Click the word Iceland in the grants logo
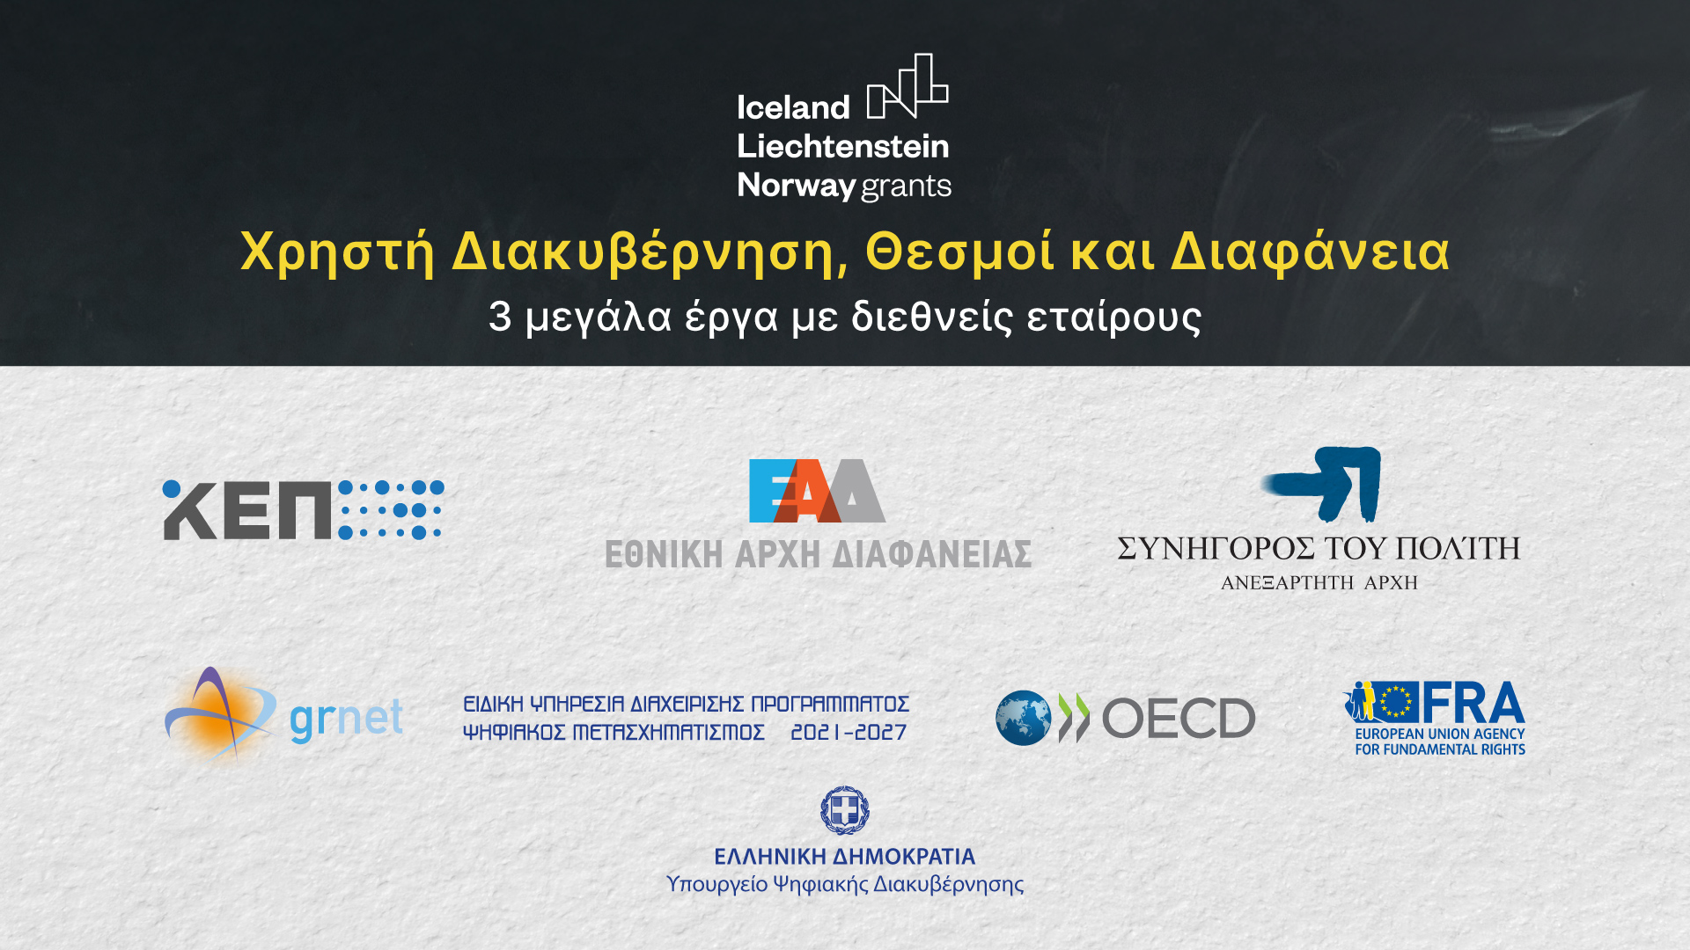[x=793, y=107]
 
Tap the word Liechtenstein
[x=843, y=146]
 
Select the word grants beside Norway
[x=906, y=186]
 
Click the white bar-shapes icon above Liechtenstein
[x=907, y=86]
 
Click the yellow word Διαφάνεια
[x=1310, y=252]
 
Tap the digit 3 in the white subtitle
[x=500, y=317]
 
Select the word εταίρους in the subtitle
[x=1113, y=318]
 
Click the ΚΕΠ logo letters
[x=247, y=510]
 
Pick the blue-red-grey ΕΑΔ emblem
[x=817, y=491]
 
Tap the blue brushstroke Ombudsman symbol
[x=1322, y=484]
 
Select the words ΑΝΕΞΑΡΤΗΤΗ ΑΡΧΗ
[x=1319, y=582]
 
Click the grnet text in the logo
[x=346, y=720]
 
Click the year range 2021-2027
[x=849, y=733]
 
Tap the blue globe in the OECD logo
[x=1023, y=718]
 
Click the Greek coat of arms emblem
[x=845, y=810]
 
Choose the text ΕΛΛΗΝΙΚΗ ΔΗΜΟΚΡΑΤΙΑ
[x=845, y=857]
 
